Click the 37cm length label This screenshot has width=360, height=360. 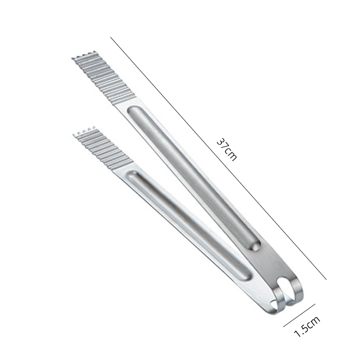click(x=226, y=150)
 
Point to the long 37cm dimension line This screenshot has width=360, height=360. click(x=218, y=158)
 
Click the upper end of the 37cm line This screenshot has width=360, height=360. click(x=110, y=37)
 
